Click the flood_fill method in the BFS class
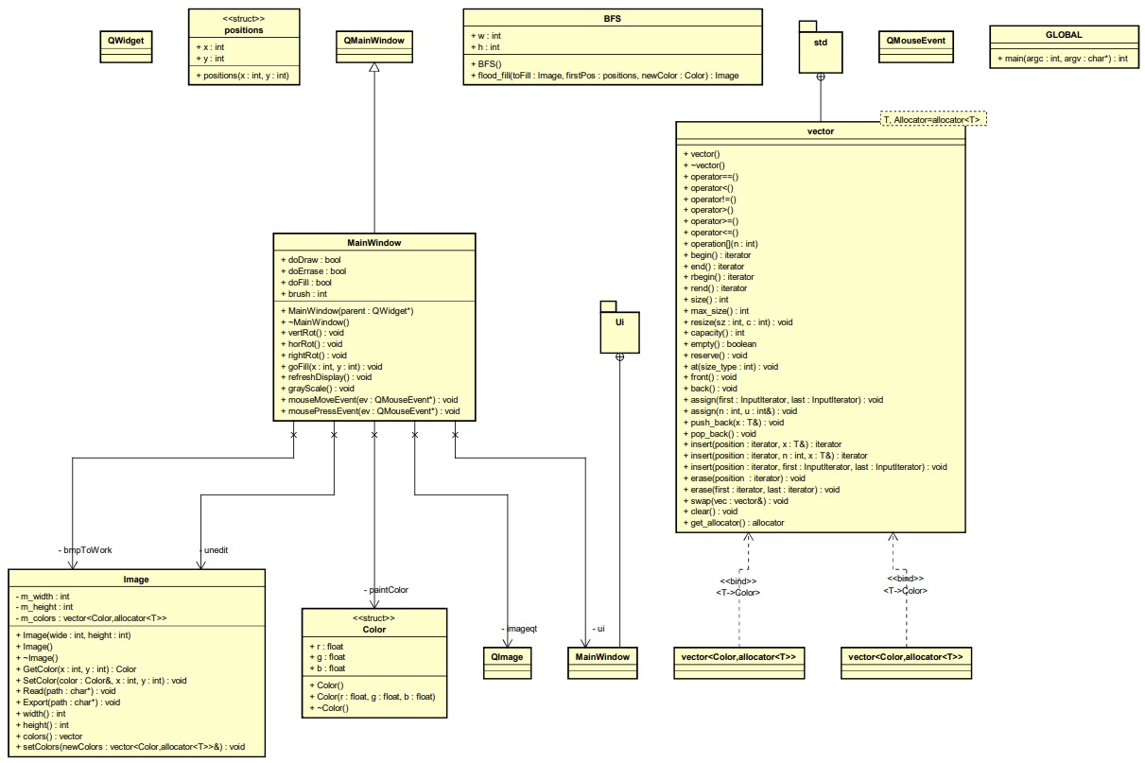(604, 75)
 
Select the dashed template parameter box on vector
(932, 118)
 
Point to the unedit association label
(216, 548)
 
